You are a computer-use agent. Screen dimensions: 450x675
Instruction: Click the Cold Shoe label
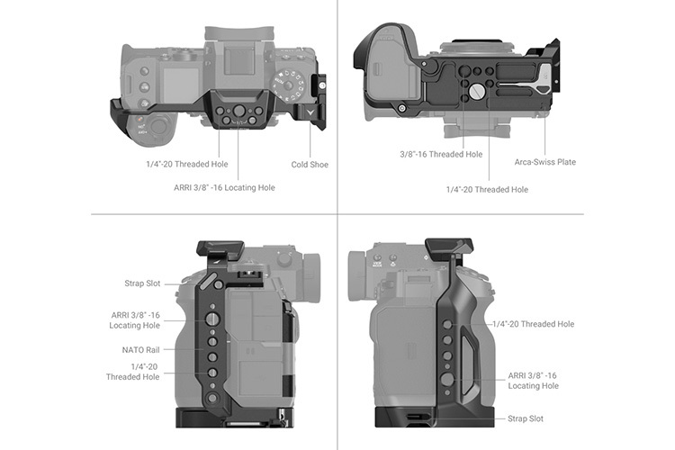[x=310, y=165]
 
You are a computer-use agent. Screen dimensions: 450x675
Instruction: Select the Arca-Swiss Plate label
[x=544, y=162]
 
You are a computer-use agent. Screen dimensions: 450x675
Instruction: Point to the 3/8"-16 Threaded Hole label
[x=441, y=154]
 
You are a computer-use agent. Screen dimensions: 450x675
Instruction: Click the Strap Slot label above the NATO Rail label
[x=142, y=283]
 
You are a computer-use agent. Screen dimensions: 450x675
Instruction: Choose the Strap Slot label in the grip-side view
[x=525, y=418]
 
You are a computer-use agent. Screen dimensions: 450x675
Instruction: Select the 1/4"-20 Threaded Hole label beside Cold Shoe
[x=186, y=165]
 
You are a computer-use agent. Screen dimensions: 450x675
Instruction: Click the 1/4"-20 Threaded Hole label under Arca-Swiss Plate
[x=487, y=189]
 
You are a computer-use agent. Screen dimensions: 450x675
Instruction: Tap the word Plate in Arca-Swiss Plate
[x=563, y=162]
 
